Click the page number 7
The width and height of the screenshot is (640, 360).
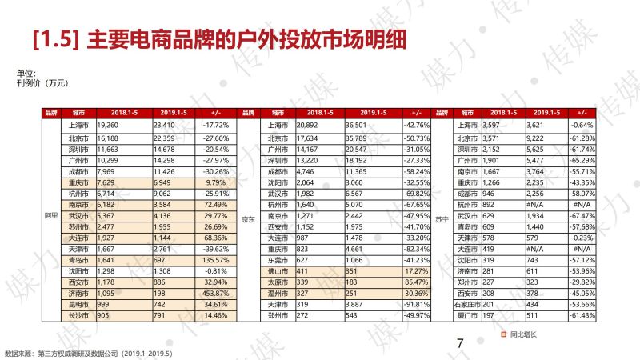(x=460, y=343)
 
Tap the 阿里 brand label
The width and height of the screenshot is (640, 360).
(x=50, y=216)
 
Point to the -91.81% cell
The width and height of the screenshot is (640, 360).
(x=416, y=305)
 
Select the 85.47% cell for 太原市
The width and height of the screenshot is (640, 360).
(x=417, y=282)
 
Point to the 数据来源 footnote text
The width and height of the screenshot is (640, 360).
(x=88, y=352)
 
